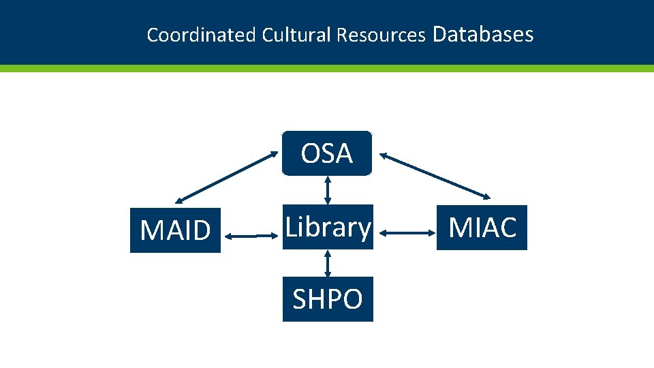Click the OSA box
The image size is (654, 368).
[x=327, y=153]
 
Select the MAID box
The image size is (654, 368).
[x=175, y=230]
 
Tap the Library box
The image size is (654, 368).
[x=328, y=227]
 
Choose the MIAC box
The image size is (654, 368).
[x=482, y=228]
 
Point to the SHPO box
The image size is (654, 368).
[x=328, y=299]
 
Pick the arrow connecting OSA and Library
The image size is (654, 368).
[x=328, y=190]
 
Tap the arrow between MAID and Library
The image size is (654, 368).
[x=251, y=236]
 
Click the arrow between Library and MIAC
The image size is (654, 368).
[x=407, y=234]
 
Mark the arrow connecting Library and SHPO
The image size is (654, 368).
[x=328, y=262]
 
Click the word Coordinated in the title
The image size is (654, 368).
[x=201, y=35]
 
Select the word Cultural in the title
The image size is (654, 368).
[x=296, y=35]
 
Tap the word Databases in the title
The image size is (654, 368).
[x=482, y=33]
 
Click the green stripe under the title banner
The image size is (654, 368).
[x=327, y=68]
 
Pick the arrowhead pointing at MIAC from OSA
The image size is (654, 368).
[x=486, y=197]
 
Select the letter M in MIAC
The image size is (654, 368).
[x=461, y=228]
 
